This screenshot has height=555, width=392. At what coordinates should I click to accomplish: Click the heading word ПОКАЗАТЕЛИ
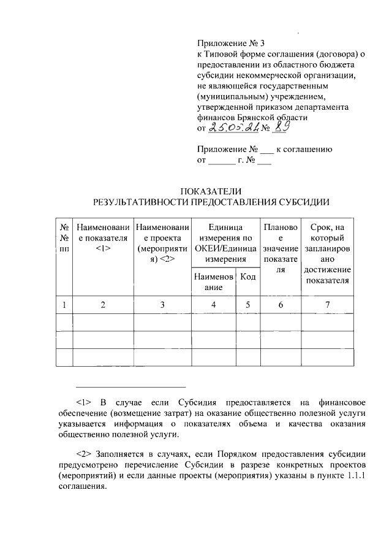[211, 191]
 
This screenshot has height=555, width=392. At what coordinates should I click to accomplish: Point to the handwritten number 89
[282, 128]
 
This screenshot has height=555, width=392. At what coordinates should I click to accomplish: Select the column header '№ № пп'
[64, 238]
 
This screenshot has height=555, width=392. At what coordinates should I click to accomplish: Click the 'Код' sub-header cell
[248, 277]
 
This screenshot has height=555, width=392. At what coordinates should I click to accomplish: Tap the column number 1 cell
[64, 304]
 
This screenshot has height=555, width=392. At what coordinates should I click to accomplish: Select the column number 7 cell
[328, 304]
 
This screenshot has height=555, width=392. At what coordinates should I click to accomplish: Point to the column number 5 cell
[248, 304]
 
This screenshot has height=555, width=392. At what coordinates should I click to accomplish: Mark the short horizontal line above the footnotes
[130, 386]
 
